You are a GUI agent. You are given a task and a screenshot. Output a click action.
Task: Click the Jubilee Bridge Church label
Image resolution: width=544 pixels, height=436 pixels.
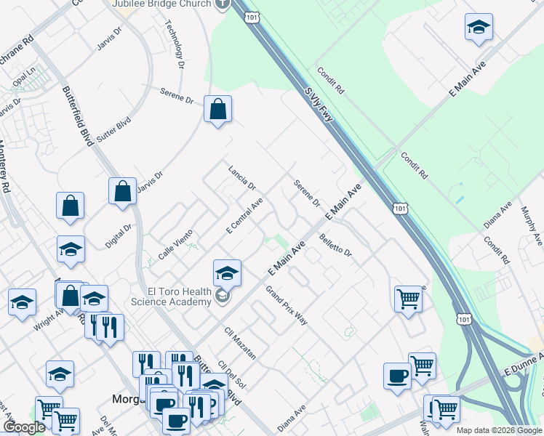[161, 4]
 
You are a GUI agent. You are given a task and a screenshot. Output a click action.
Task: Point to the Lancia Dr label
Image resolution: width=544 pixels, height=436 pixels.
[242, 176]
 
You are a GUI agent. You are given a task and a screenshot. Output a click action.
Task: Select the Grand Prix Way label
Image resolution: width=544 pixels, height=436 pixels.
[286, 305]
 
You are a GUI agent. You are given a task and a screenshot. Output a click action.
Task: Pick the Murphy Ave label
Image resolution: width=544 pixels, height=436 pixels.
[532, 225]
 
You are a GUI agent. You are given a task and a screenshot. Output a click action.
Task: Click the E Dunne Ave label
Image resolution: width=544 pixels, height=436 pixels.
[524, 363]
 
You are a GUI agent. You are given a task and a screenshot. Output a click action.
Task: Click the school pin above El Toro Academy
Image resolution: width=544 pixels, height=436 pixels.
[227, 273]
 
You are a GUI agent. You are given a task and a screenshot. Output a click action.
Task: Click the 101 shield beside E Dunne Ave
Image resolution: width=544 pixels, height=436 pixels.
[463, 318]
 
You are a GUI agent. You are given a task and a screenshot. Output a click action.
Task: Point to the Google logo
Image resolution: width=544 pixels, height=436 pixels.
[24, 427]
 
